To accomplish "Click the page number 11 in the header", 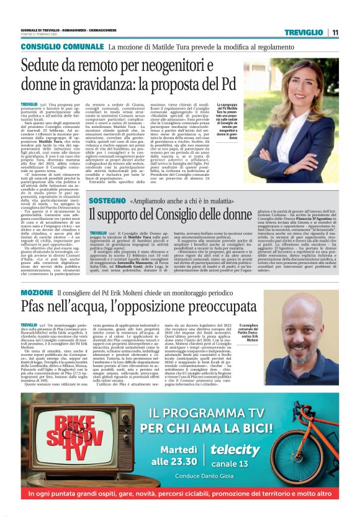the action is tap(335, 32).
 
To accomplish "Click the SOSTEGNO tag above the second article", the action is tap(107, 202).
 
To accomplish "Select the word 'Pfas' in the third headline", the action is tap(35, 306).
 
